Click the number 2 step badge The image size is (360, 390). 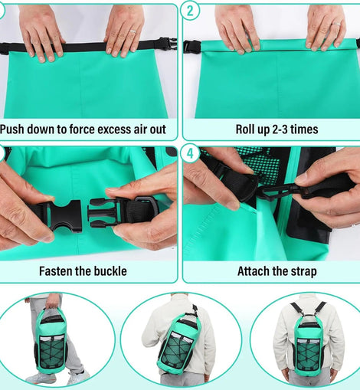coord(190,11)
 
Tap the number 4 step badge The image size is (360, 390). coord(190,153)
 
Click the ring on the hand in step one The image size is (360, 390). coord(133,31)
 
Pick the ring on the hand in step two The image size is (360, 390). coord(336,25)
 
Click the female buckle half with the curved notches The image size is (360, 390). coord(63,216)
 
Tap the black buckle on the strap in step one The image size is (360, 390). coord(167,44)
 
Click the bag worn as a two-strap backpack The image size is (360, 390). coord(309,348)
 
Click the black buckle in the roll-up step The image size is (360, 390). coord(191,47)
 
